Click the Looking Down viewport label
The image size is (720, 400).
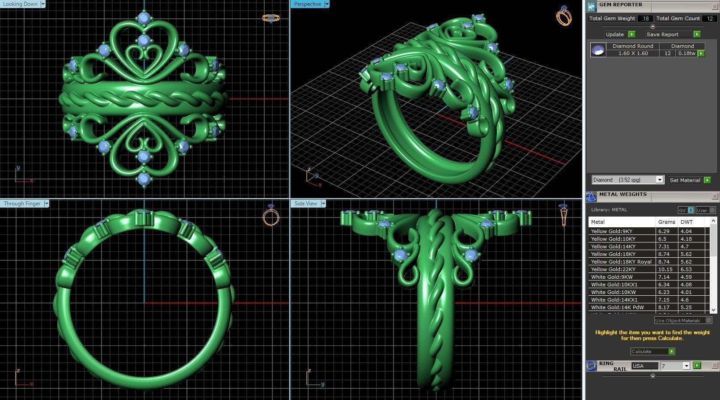pos(21,4)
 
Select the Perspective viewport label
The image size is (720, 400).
pos(307,4)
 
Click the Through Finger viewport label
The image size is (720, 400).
pos(22,204)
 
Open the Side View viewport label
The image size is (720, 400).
pos(305,204)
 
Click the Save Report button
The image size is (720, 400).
pos(662,34)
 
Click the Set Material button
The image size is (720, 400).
pos(685,180)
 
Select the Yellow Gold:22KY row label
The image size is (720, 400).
pos(613,269)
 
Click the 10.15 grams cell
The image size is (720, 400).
pos(665,269)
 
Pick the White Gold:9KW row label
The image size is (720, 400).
pos(612,277)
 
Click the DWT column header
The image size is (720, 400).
pos(686,222)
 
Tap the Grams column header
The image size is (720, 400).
pos(666,222)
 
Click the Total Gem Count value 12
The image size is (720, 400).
pos(709,18)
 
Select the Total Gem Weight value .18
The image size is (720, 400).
pos(645,18)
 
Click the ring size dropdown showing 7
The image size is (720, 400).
pos(675,366)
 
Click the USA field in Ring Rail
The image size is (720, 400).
pos(644,366)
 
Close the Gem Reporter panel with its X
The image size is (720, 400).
pos(715,6)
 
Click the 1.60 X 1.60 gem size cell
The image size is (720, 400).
pos(633,53)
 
